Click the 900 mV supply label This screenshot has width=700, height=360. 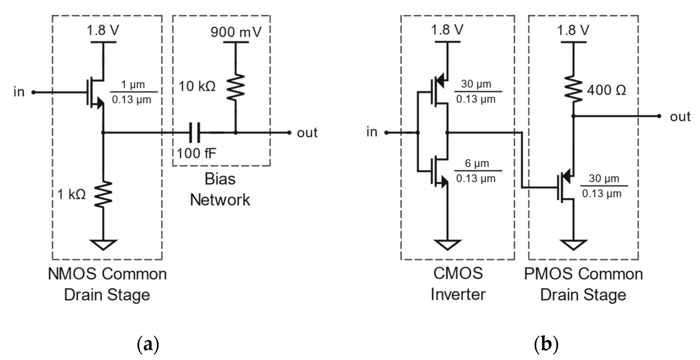click(x=236, y=32)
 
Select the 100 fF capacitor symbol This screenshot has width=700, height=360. click(x=195, y=133)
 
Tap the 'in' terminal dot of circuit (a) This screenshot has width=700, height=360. click(x=33, y=92)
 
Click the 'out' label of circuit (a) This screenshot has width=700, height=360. click(x=307, y=133)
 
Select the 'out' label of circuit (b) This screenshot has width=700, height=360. click(x=680, y=117)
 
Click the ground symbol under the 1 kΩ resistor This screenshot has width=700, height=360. click(x=103, y=244)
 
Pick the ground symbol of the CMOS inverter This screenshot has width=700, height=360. click(x=447, y=244)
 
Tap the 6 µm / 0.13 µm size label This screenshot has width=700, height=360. click(x=477, y=171)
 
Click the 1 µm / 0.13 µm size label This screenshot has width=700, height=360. click(x=132, y=92)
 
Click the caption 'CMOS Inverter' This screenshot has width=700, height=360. click(x=458, y=284)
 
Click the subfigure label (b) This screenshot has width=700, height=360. click(x=546, y=344)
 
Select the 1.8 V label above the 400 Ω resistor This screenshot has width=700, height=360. click(x=573, y=30)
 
